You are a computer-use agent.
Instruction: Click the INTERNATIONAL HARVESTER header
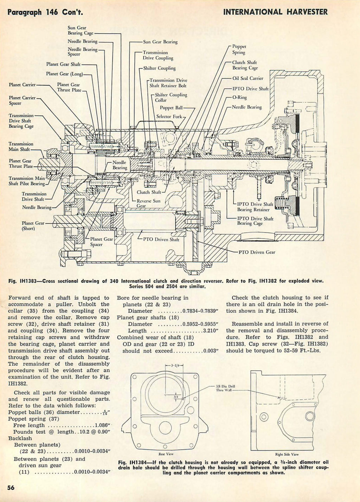point(275,12)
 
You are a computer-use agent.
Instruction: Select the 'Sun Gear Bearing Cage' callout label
point(77,30)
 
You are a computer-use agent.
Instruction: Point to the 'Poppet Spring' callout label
point(239,50)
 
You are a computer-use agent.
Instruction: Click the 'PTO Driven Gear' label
point(257,252)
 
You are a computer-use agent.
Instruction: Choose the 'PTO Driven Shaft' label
point(161,240)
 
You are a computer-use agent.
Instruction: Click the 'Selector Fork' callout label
point(169,116)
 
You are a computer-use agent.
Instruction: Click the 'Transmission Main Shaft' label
point(21,146)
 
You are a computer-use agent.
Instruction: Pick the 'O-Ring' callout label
point(239,97)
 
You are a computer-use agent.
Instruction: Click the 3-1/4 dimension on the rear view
point(174,365)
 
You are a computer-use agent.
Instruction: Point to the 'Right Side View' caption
point(289,454)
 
